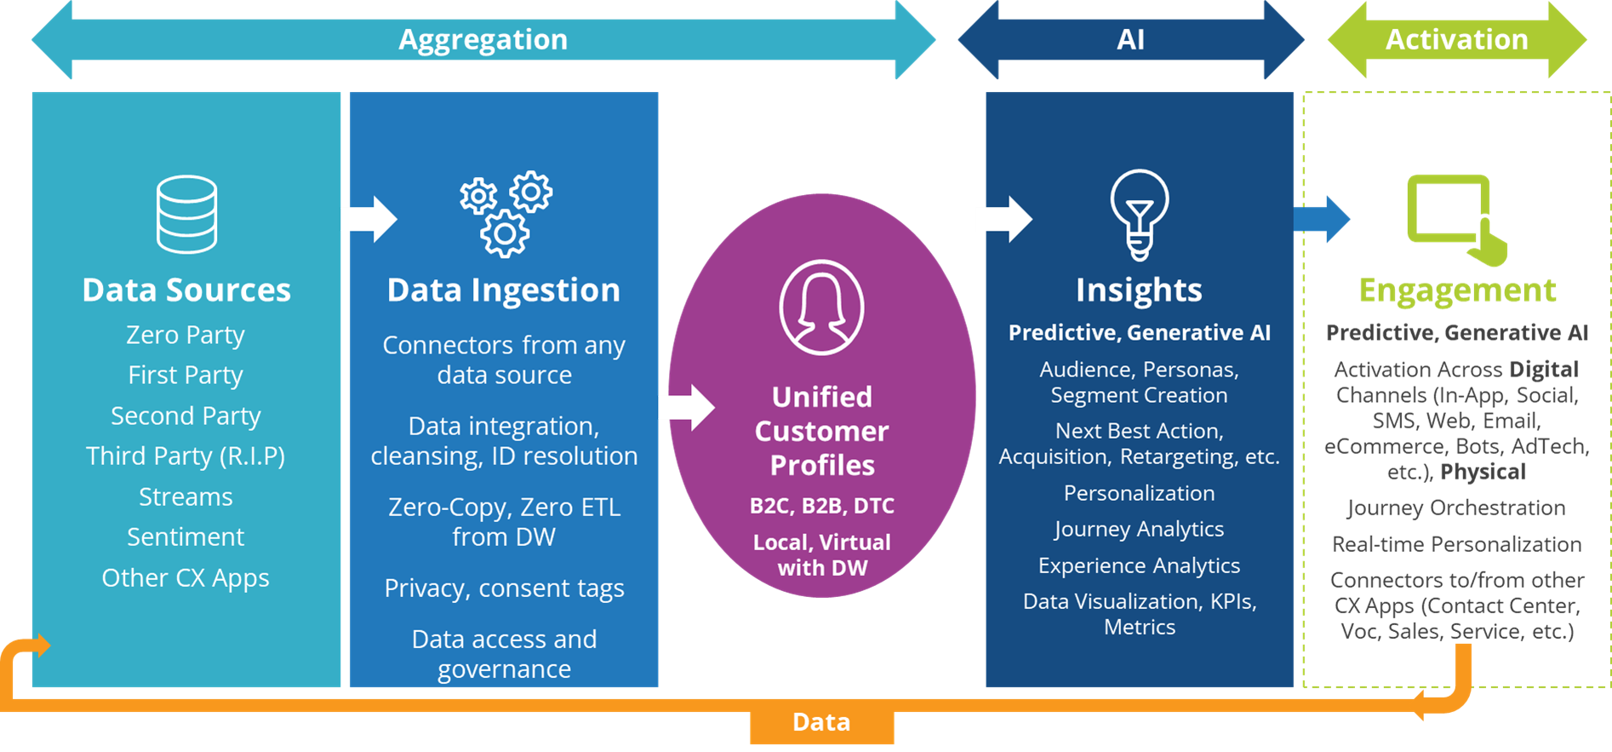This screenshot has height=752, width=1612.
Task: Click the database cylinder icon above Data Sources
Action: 186,214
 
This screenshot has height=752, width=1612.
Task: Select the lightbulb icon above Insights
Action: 1139,215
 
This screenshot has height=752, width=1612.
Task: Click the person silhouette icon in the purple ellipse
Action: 821,307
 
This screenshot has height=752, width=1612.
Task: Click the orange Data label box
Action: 821,723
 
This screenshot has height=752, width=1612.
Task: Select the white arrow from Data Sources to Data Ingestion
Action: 369,219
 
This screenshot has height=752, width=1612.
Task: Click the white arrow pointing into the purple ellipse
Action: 686,407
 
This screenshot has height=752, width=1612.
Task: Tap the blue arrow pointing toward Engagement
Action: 1321,219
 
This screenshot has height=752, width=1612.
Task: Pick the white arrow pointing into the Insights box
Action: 1003,219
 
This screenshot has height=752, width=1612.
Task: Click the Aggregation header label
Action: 483,40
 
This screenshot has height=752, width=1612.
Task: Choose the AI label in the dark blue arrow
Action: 1130,40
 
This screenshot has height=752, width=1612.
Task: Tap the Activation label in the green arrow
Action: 1456,40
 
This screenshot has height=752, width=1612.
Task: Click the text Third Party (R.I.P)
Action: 186,456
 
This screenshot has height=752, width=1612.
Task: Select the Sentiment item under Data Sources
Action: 186,537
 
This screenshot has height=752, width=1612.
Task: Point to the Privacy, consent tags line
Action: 504,588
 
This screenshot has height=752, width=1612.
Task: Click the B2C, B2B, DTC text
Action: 821,506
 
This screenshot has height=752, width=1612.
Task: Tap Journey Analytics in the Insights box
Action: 1139,530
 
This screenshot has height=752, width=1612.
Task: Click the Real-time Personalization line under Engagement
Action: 1456,544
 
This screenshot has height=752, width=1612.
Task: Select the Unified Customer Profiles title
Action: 821,431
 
